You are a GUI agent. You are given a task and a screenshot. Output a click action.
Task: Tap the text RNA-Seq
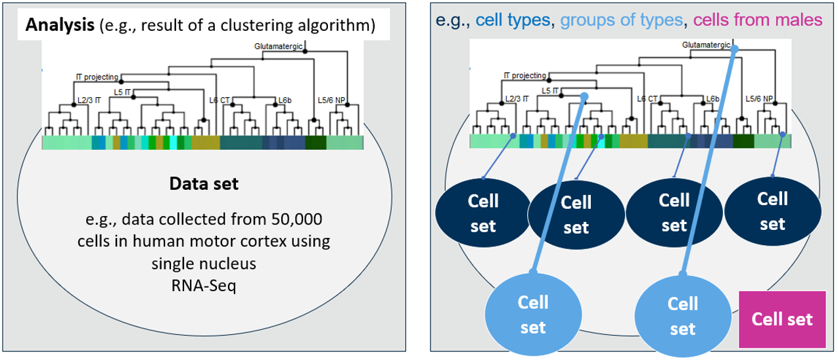(x=202, y=286)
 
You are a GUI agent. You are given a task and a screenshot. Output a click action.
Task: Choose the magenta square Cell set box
(x=782, y=319)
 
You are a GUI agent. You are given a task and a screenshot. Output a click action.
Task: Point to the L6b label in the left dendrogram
(x=284, y=100)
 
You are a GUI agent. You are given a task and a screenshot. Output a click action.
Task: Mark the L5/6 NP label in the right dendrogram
(x=759, y=99)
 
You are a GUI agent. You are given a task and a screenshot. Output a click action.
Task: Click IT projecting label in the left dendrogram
(x=97, y=77)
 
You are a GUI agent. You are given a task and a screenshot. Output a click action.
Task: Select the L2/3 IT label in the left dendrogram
(x=89, y=100)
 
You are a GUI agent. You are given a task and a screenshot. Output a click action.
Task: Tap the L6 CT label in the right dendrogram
(x=647, y=99)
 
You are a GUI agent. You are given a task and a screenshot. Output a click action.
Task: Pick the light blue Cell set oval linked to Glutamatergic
(x=682, y=315)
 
